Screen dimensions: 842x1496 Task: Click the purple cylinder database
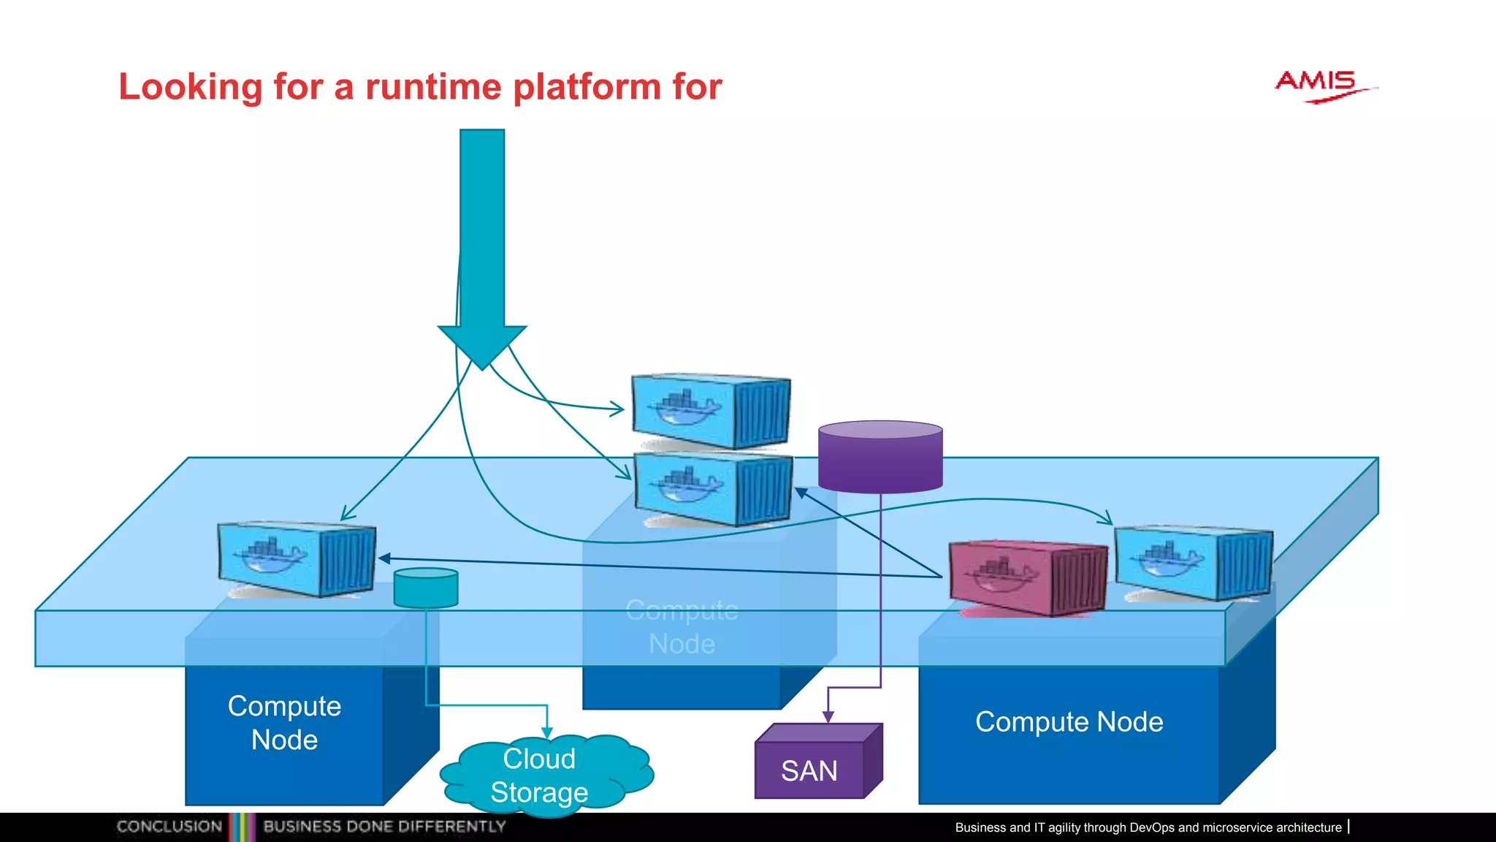pos(880,457)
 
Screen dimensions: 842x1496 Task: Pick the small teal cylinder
pos(426,588)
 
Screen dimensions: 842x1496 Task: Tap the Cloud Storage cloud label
pos(540,775)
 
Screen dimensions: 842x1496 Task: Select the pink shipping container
pos(1026,577)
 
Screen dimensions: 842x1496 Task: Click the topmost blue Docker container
pos(710,411)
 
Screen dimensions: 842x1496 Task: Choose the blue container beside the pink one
pos(1192,563)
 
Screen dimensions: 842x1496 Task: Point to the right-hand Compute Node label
pos(1069,722)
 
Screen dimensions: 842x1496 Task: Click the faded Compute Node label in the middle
pos(682,627)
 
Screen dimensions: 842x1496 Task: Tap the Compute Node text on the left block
pos(284,723)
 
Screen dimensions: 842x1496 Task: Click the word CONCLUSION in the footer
pos(169,827)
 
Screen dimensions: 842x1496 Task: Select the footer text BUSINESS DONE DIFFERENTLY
pos(384,827)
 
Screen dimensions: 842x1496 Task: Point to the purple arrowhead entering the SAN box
pos(828,717)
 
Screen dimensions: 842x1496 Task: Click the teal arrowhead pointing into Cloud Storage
pos(547,733)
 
